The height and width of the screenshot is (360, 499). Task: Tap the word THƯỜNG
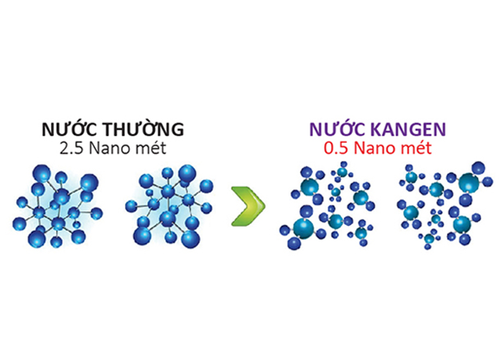143,128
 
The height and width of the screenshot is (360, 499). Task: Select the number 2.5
71,149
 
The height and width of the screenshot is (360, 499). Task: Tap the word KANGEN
408,129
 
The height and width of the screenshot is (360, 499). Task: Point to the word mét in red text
416,148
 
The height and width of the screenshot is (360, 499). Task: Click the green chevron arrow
248,207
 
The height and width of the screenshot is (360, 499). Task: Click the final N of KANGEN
439,129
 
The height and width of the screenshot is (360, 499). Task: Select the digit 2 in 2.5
64,149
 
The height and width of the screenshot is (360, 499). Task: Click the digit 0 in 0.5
329,149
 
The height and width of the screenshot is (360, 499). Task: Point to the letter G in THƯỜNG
177,129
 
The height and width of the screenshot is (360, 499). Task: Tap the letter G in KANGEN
413,129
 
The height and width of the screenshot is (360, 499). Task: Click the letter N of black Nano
94,149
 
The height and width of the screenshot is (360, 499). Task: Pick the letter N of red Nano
359,149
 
